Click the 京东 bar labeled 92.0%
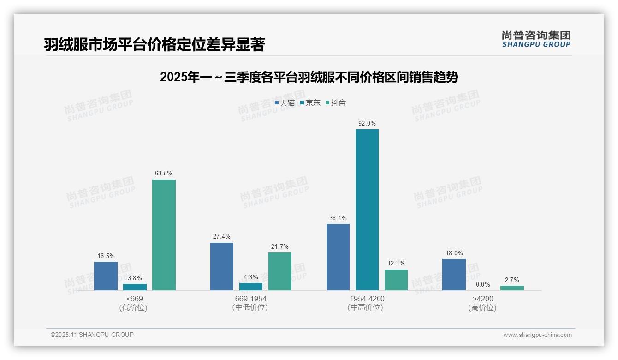pyautogui.click(x=367, y=210)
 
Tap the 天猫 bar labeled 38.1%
pyautogui.click(x=338, y=257)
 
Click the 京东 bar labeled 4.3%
pyautogui.click(x=250, y=286)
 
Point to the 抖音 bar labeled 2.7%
pyautogui.click(x=512, y=288)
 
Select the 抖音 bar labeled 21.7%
pyautogui.click(x=280, y=271)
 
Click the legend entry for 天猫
pyautogui.click(x=285, y=103)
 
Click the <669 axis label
pyautogui.click(x=135, y=299)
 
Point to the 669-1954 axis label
pyautogui.click(x=250, y=299)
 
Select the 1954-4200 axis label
pyautogui.click(x=367, y=299)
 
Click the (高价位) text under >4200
pyautogui.click(x=482, y=307)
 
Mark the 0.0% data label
pyautogui.click(x=483, y=284)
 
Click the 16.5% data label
pyautogui.click(x=106, y=256)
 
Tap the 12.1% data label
pyautogui.click(x=396, y=264)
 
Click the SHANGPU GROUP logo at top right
pyautogui.click(x=536, y=39)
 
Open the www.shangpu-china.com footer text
pyautogui.click(x=537, y=335)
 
